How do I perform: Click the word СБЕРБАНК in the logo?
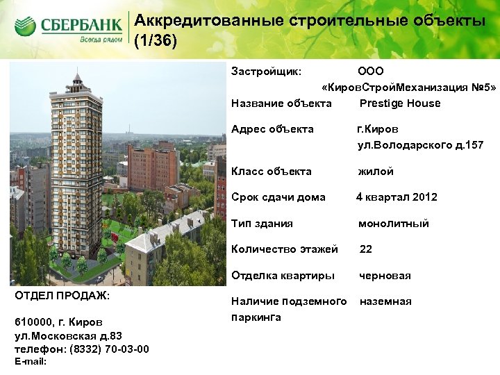pyautogui.click(x=82, y=26)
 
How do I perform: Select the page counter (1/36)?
pyautogui.click(x=156, y=41)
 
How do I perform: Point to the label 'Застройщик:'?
pyautogui.click(x=266, y=72)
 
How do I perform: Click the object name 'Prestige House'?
pyautogui.click(x=399, y=103)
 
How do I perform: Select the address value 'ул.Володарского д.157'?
pyautogui.click(x=420, y=145)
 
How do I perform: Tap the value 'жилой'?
pyautogui.click(x=376, y=172)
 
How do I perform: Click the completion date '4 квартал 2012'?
pyautogui.click(x=397, y=197)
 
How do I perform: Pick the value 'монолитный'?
pyautogui.click(x=393, y=224)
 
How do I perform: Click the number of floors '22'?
pyautogui.click(x=366, y=249)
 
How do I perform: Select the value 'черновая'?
pyautogui.click(x=384, y=276)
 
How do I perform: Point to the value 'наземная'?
pyautogui.click(x=385, y=301)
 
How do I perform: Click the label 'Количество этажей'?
pyautogui.click(x=285, y=249)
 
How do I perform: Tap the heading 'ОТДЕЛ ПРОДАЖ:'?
pyautogui.click(x=62, y=295)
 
